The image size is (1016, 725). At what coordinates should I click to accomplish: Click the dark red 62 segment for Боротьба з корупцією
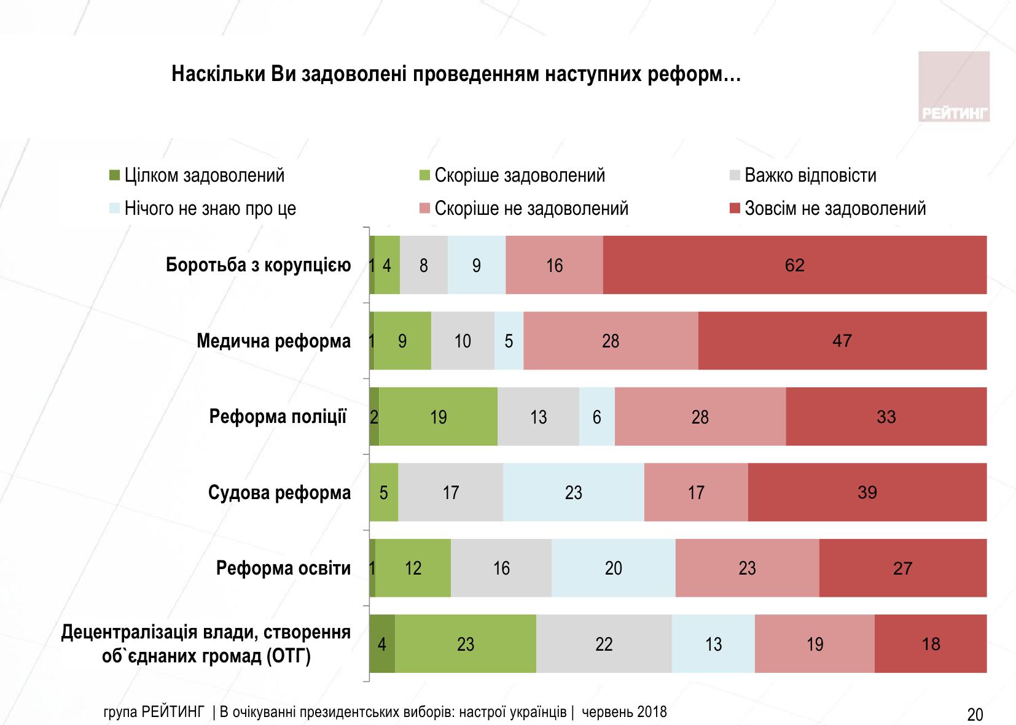[x=794, y=265]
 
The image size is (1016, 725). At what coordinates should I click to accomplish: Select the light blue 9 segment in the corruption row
[x=476, y=265]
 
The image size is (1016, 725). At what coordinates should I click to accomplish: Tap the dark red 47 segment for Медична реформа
[x=842, y=341]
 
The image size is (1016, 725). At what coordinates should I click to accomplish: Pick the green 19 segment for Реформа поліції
[x=438, y=417]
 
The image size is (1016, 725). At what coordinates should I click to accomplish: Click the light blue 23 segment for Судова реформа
[x=573, y=492]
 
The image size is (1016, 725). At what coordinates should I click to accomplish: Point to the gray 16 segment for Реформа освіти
[x=501, y=568]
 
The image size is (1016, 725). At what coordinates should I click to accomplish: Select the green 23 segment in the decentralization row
[x=465, y=643]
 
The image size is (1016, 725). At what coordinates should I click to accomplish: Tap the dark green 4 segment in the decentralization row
[x=382, y=643]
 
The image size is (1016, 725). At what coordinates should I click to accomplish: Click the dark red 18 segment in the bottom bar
[x=931, y=643]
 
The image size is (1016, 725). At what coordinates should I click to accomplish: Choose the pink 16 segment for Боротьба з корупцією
[x=554, y=265]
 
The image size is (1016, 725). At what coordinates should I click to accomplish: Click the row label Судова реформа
[x=279, y=492]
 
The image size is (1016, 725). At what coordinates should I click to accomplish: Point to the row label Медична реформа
[x=273, y=341]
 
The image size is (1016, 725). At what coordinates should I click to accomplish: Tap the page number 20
[x=975, y=715]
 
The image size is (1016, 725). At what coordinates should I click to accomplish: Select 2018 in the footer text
[x=652, y=712]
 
